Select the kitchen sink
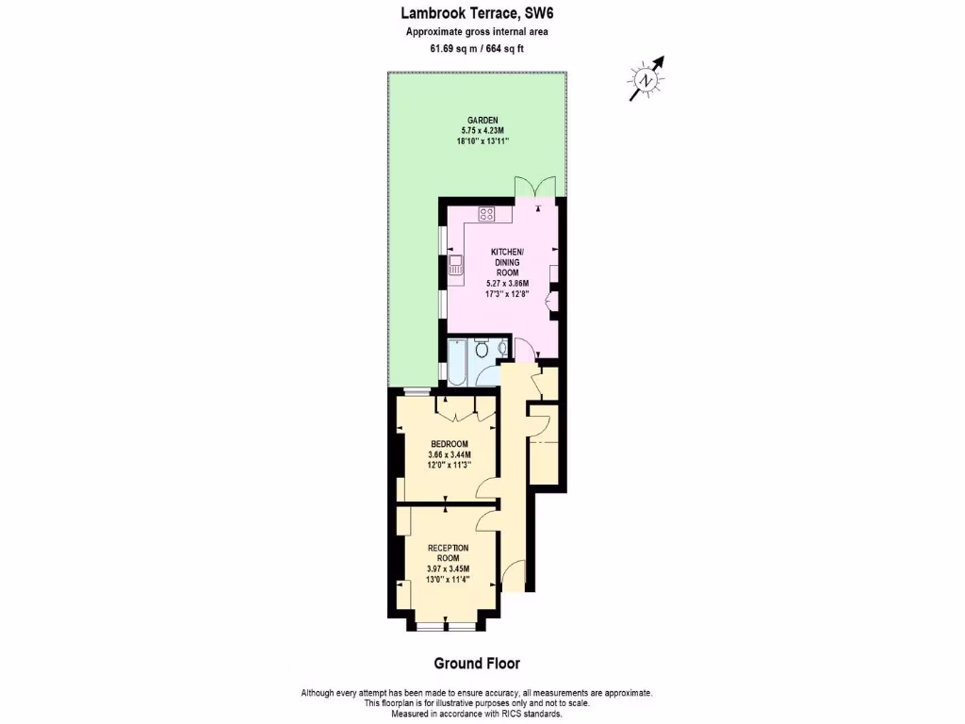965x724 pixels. coord(456,267)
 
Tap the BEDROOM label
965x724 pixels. coord(449,444)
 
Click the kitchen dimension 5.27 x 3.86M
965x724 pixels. coord(508,283)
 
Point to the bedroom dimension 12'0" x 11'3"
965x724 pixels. coord(449,465)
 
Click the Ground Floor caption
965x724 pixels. coord(476,664)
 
